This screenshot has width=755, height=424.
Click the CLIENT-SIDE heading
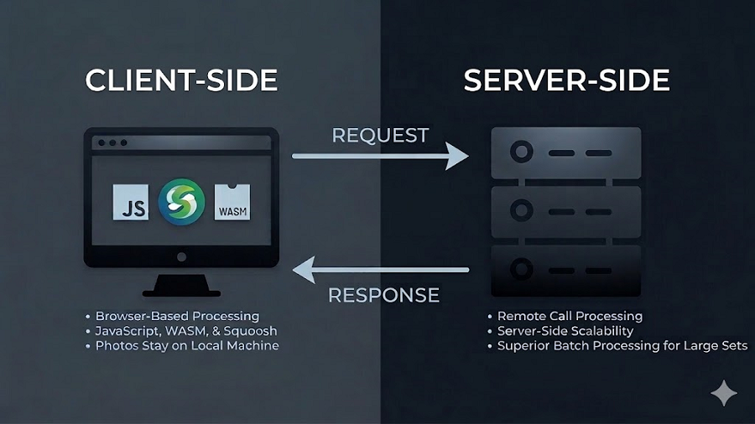pyautogui.click(x=181, y=80)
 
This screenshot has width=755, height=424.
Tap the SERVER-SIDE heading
pyautogui.click(x=566, y=80)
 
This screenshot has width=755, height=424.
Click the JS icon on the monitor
pyautogui.click(x=131, y=203)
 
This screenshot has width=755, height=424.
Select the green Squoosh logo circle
pyautogui.click(x=181, y=201)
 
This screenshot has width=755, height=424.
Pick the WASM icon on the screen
pyautogui.click(x=232, y=203)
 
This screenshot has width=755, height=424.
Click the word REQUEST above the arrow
pyautogui.click(x=380, y=135)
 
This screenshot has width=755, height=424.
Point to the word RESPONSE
pyautogui.click(x=383, y=295)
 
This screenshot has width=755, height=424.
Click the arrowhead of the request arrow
pyautogui.click(x=458, y=156)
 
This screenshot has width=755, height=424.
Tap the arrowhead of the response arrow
pyautogui.click(x=304, y=270)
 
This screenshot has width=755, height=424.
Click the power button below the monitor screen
pyautogui.click(x=181, y=256)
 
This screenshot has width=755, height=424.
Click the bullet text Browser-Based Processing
pyautogui.click(x=177, y=317)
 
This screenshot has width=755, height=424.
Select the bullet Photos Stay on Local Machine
pyautogui.click(x=186, y=345)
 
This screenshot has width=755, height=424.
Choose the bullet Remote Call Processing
pyautogui.click(x=570, y=316)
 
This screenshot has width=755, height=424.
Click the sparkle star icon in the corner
pyautogui.click(x=723, y=393)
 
